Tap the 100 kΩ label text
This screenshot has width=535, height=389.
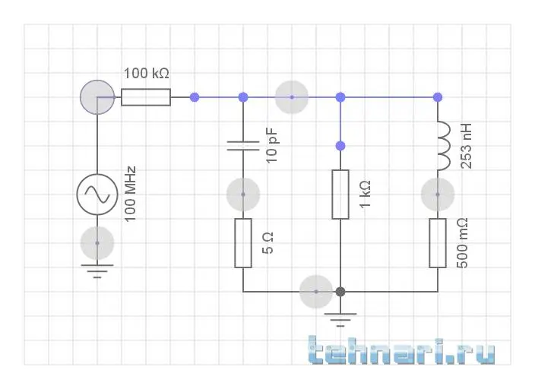[x=147, y=74]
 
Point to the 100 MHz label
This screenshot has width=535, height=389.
[x=130, y=194]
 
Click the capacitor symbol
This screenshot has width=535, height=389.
[x=243, y=146]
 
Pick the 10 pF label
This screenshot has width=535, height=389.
[x=272, y=146]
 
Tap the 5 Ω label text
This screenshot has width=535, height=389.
[x=267, y=243]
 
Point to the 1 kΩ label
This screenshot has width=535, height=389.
[x=365, y=194]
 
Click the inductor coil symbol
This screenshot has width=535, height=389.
[x=444, y=146]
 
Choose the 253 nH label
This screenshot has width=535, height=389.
[x=466, y=146]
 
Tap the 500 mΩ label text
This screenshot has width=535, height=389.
[x=462, y=243]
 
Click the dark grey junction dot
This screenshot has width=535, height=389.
[x=340, y=292]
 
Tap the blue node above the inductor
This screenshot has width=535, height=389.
[x=438, y=97]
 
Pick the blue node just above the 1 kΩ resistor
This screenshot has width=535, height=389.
[x=340, y=146]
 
